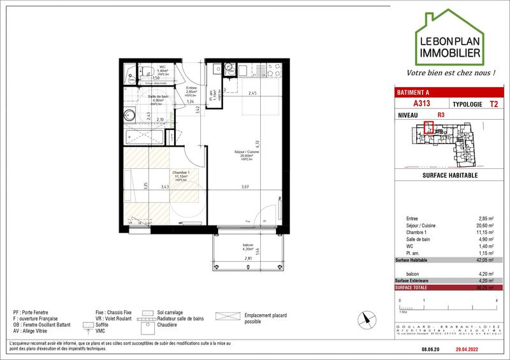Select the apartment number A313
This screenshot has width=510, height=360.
coord(421,103)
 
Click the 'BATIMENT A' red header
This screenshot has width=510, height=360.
coord(414,92)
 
